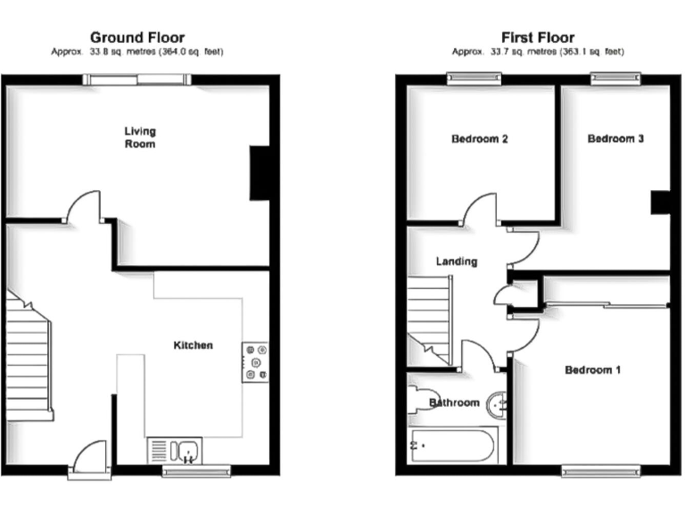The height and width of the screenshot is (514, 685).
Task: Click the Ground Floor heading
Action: [137, 37]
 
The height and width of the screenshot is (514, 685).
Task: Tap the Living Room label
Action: [139, 137]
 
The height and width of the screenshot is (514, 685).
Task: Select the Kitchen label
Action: [193, 344]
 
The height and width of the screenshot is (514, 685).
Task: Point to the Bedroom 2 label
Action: [480, 139]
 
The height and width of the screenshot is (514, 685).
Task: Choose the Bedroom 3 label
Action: [615, 139]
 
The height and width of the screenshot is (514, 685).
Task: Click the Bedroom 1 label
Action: [592, 369]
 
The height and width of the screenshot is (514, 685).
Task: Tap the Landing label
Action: [456, 261]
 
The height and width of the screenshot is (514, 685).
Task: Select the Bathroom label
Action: [454, 402]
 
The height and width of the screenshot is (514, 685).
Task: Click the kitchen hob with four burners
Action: [254, 361]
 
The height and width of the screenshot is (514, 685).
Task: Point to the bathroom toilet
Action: [418, 399]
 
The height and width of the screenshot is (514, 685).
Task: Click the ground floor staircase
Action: [29, 357]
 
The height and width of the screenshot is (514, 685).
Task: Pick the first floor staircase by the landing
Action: [430, 318]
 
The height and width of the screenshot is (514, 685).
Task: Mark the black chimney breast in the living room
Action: [260, 173]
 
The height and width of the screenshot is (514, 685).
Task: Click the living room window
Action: [138, 80]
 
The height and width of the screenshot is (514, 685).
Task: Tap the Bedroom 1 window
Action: [600, 469]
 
